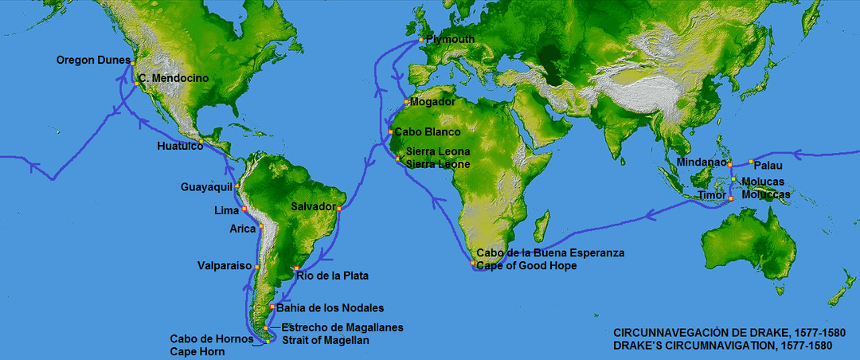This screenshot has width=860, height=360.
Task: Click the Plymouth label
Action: coord(450,39)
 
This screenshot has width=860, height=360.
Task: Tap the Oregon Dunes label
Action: coord(92,60)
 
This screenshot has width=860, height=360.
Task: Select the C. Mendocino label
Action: coord(173,79)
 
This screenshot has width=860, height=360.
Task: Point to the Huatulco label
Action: coord(176,147)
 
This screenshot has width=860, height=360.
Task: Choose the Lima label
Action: coord(226,211)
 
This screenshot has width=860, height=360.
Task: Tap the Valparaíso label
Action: coord(225,265)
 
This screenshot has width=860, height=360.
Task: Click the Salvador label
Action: coord(312,206)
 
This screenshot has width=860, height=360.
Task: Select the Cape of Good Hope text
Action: coord(526,265)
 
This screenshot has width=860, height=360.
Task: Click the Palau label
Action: coord(768,166)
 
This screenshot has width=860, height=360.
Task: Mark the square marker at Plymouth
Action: coord(421,40)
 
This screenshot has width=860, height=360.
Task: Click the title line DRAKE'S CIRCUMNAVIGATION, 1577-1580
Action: coord(723,346)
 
